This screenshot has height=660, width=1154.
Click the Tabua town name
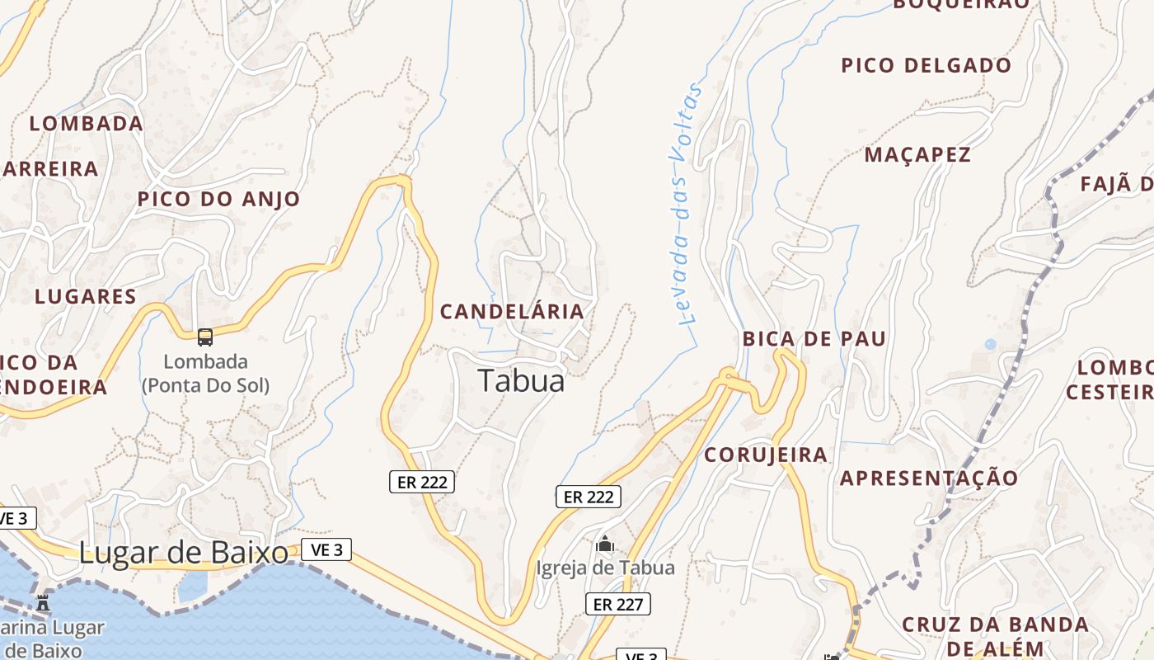521,380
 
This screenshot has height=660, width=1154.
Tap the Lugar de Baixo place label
183,553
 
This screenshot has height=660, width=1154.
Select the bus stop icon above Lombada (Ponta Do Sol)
205,337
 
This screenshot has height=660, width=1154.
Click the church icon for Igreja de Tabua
605,544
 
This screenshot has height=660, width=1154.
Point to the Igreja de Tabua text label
605,568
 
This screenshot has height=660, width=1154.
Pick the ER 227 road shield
618,604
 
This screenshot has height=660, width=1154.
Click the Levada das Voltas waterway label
683,204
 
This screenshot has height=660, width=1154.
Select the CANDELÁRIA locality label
512,311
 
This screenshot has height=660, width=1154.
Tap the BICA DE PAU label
814,338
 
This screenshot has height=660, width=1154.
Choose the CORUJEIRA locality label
765,455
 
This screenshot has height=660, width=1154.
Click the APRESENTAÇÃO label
929,478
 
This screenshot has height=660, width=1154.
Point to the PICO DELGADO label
926,65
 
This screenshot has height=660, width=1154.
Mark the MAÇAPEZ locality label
917,154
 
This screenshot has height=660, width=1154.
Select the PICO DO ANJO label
218,199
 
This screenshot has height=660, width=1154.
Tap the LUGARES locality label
85,296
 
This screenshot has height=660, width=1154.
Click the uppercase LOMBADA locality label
86,124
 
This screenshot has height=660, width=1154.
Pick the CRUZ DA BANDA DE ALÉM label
995,635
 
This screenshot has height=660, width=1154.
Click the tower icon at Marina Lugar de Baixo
43,602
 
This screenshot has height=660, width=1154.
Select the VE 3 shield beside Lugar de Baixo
326,549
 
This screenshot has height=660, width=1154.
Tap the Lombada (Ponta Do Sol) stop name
205,373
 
